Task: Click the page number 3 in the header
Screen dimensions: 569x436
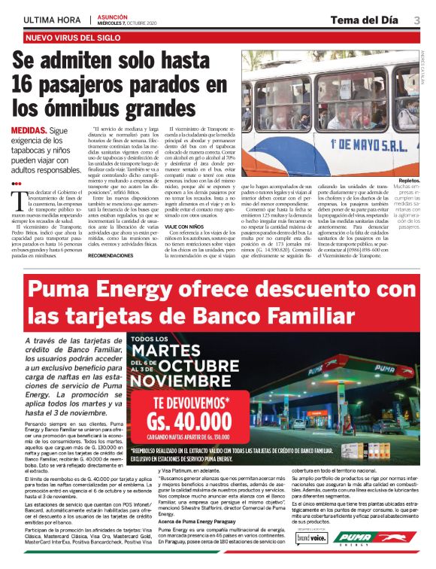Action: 417,20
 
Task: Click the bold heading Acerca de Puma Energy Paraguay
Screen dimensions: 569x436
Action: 192,520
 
